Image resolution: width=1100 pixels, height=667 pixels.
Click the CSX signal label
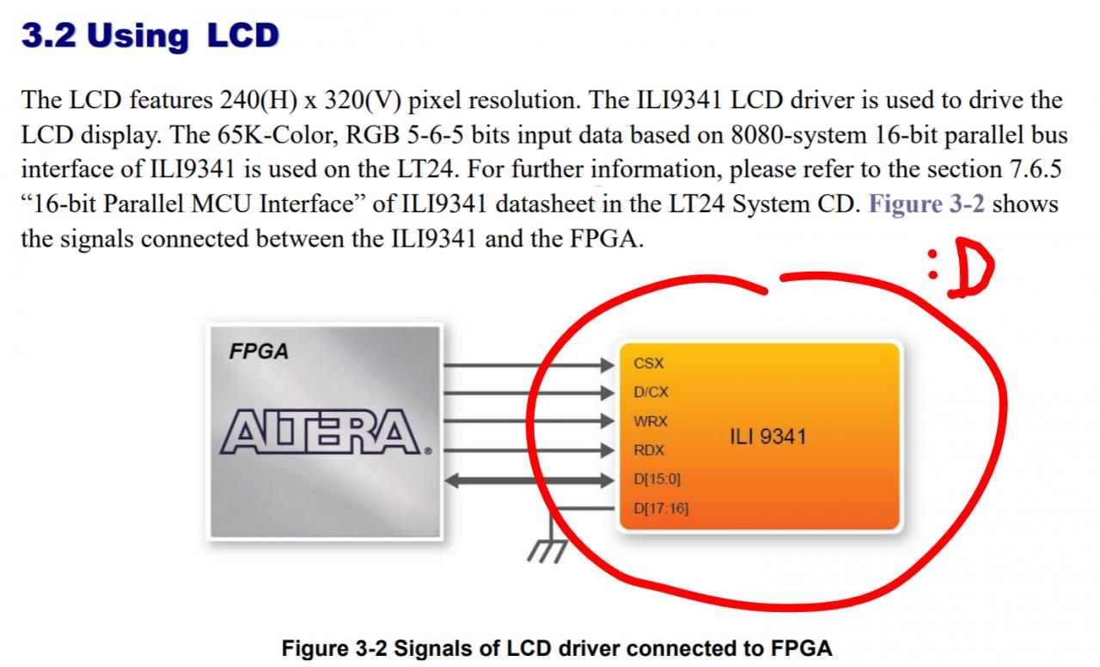pyautogui.click(x=648, y=364)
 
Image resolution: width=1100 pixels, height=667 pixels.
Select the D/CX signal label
pyautogui.click(x=651, y=393)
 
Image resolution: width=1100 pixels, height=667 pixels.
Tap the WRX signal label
pyautogui.click(x=651, y=421)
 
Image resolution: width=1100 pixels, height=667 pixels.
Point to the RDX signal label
pyautogui.click(x=649, y=450)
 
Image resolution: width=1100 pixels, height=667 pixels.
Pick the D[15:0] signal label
pyautogui.click(x=657, y=479)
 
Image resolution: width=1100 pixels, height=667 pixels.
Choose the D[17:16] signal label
pyautogui.click(x=661, y=508)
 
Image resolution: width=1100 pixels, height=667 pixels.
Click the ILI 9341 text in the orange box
pyautogui.click(x=767, y=437)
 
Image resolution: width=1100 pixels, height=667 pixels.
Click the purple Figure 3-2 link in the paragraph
pyautogui.click(x=927, y=205)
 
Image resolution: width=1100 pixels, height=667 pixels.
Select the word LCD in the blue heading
pyautogui.click(x=243, y=36)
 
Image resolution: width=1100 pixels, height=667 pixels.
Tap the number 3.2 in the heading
pyautogui.click(x=48, y=36)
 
